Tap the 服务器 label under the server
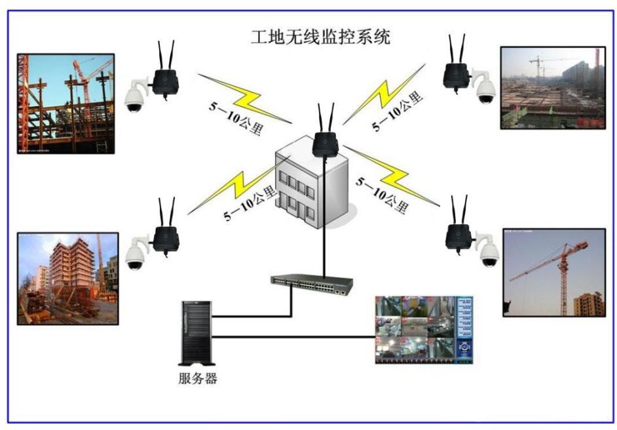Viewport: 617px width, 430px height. point(197,378)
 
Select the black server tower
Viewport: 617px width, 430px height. point(196,332)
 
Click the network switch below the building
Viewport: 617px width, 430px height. point(312,284)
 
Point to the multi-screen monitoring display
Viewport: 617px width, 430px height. point(422,329)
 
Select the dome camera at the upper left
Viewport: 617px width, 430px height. point(135,96)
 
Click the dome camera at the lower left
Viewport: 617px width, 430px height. point(135,256)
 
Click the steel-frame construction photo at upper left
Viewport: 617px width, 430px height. point(65,104)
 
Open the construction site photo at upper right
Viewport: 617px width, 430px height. point(552,87)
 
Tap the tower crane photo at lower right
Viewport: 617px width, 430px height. point(553,272)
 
